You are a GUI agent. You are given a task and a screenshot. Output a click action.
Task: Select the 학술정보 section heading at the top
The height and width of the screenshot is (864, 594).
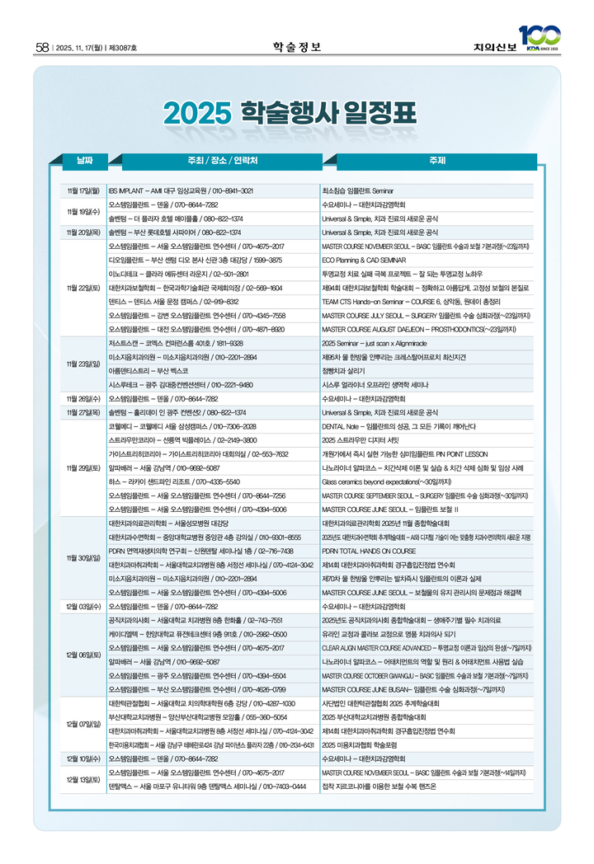point(296,46)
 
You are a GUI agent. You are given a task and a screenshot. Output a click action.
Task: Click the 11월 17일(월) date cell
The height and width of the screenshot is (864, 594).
point(83,190)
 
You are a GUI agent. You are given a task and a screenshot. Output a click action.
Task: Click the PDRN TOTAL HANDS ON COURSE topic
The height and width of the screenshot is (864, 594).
point(369,551)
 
